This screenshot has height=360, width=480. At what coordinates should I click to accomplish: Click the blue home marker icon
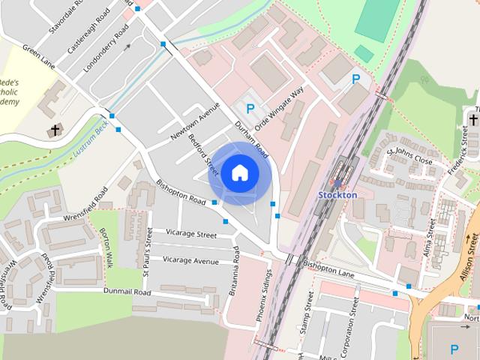[x=239, y=173]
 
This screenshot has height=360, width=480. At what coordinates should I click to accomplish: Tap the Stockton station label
[x=337, y=194]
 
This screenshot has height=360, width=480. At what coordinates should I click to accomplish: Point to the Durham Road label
[x=251, y=138]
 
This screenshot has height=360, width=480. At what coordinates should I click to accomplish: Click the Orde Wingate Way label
[x=279, y=109]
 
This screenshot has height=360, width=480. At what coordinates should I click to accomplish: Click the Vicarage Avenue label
[x=190, y=260]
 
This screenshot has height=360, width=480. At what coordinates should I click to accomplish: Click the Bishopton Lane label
[x=328, y=268]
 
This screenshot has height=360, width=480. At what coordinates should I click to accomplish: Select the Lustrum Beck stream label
[x=91, y=139]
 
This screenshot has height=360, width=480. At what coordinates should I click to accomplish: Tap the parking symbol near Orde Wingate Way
[x=250, y=109]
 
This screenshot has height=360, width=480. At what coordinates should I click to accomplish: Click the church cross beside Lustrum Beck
[x=55, y=130]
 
